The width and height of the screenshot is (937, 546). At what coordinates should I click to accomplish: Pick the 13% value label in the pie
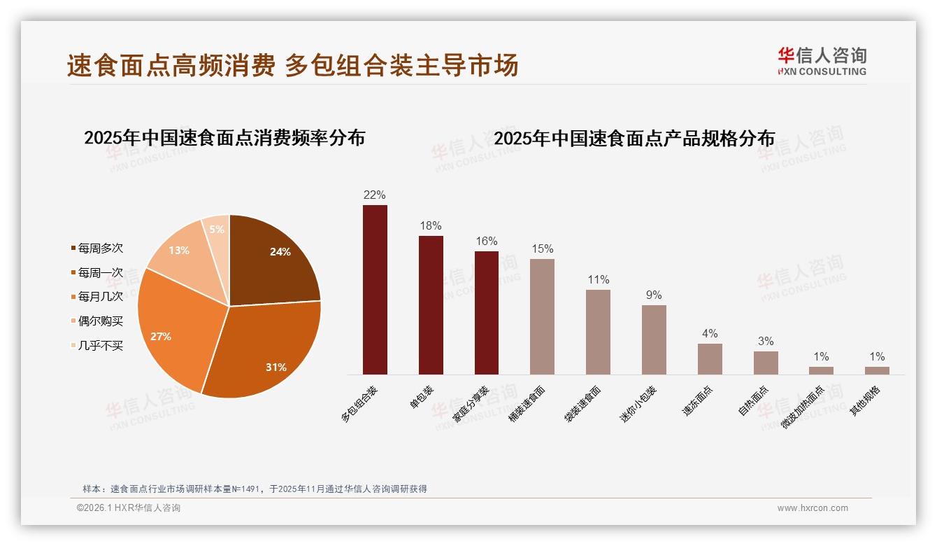pos(179,250)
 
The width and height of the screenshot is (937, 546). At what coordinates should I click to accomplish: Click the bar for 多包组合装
pos(375,290)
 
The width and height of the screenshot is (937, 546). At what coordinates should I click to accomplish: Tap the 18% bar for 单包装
pos(431,305)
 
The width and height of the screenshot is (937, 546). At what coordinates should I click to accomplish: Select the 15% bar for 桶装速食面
pos(542,316)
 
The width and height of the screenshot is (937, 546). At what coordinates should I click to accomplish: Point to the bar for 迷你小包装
pos(654,339)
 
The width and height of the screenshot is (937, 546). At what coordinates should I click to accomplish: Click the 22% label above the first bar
pos(375,195)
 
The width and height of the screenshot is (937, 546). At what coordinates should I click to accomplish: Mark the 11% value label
pos(598,279)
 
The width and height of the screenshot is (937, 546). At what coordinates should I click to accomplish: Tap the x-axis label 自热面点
pos(753,400)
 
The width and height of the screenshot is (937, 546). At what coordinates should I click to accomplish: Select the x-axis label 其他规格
pos(865,401)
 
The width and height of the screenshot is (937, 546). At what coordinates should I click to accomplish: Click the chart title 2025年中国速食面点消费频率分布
pos(224,138)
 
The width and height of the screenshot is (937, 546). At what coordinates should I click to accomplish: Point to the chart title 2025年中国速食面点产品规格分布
pos(634,139)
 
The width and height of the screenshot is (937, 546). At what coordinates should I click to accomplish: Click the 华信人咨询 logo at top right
pos(822,62)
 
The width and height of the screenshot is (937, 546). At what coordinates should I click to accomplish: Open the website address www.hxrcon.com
pos(813,508)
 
